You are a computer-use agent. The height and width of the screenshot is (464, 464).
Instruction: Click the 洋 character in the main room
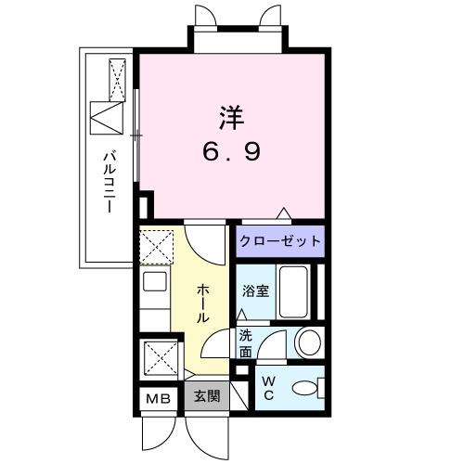[232, 118]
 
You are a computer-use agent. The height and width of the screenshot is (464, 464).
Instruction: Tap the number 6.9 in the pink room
[231, 151]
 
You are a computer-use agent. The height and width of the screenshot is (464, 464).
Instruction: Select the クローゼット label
[280, 241]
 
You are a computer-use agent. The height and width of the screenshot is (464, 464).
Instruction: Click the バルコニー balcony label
[110, 182]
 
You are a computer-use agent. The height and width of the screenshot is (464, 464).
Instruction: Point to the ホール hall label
[202, 303]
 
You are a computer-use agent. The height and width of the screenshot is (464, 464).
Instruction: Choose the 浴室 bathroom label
[255, 290]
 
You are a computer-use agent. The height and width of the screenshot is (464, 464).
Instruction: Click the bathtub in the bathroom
[293, 291]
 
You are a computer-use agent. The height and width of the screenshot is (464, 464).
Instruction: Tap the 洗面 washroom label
[246, 343]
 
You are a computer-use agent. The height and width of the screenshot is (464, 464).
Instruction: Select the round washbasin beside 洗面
[310, 342]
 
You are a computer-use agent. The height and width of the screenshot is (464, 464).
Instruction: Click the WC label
[269, 388]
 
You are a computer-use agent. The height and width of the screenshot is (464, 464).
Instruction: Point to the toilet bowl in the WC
[304, 388]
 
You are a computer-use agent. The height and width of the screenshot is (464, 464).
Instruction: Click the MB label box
[159, 398]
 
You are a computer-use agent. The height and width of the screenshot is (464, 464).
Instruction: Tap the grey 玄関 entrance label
[207, 395]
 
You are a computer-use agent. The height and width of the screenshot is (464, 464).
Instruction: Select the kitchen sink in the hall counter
[155, 281]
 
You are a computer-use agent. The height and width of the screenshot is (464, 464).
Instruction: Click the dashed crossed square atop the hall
[156, 247]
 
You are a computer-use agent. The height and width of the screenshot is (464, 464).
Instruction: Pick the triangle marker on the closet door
[284, 213]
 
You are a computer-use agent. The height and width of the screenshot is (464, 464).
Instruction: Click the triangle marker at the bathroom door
[241, 315]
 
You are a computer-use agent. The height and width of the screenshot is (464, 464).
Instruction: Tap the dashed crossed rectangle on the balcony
[118, 80]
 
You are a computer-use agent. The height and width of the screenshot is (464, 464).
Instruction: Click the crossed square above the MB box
[161, 358]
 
